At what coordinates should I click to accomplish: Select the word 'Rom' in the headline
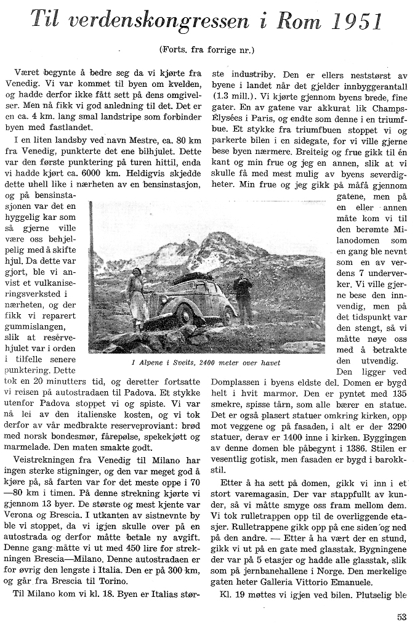point(285,22)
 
